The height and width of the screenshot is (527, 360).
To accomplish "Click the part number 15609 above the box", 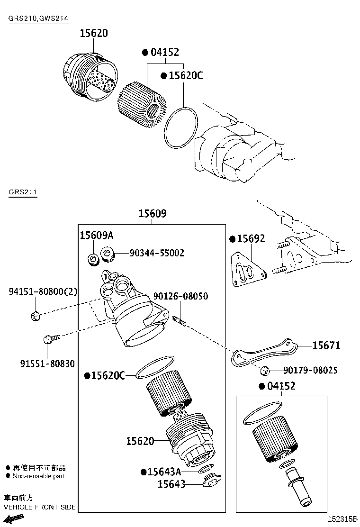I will coord(152,214).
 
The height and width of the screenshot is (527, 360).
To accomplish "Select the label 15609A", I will coord(96,236).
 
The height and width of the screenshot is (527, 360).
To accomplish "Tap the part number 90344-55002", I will coord(157,253).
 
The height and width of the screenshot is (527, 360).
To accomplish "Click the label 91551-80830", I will coord(47,363).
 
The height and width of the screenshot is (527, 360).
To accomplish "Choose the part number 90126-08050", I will coord(180,296).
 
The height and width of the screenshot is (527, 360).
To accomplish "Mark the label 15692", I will coord(251,239).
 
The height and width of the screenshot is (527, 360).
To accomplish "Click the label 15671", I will coord(326,345).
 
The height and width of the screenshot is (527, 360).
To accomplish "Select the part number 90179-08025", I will coord(310,370).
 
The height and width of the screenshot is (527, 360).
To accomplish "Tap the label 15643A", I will coord(164,472).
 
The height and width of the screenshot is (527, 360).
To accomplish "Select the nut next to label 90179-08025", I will coord(265,371).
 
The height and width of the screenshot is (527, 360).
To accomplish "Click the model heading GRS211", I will coord(22,192).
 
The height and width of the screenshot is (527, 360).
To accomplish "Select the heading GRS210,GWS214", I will coord(38,18).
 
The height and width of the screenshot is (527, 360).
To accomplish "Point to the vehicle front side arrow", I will coord(14,519).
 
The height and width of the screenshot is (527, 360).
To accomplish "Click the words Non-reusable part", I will coord(38,476).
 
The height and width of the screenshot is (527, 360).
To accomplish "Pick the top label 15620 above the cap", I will coord(93,33).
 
